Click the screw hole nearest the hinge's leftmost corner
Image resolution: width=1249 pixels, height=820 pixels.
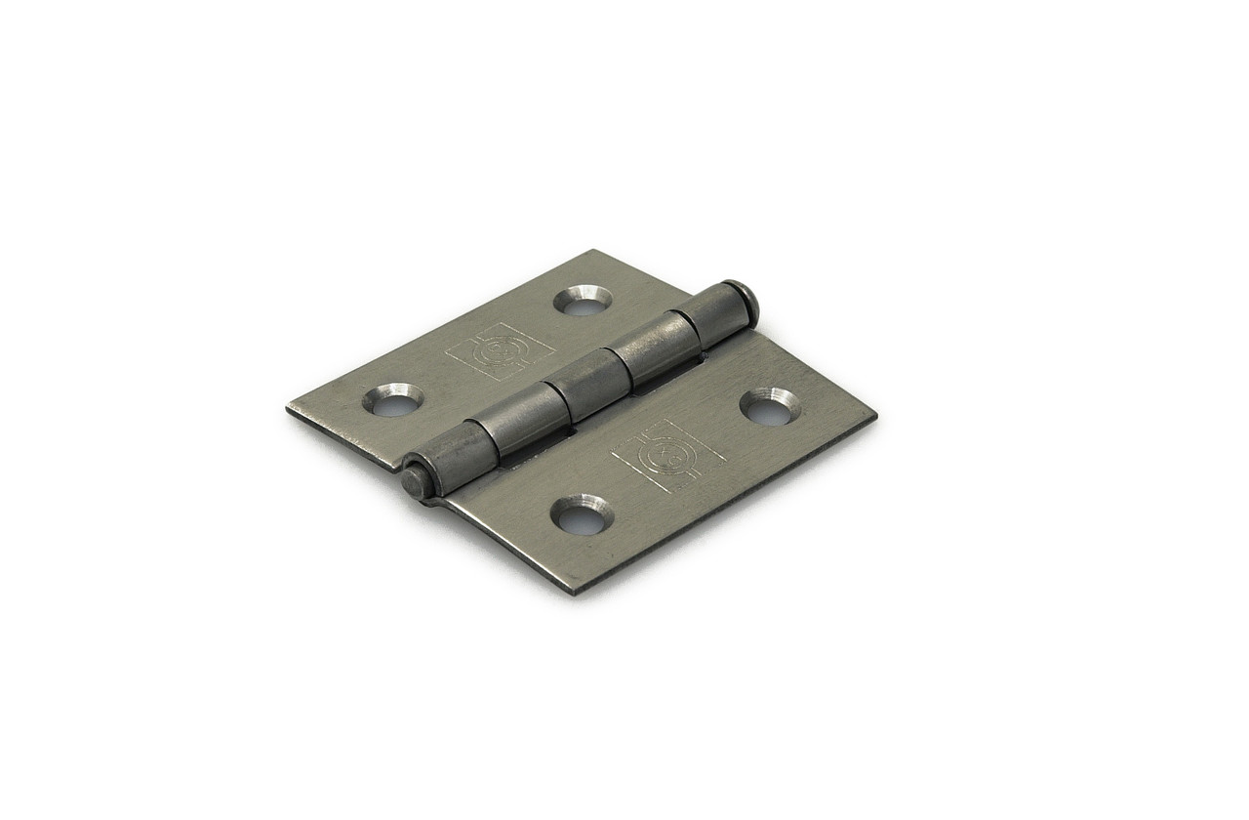point(393,399)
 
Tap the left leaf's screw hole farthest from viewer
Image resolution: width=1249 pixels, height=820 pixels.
point(584,300)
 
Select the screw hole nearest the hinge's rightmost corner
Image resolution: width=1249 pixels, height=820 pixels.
point(770,406)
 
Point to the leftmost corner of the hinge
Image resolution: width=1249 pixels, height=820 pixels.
point(288,408)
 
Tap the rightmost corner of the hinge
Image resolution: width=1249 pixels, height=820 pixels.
point(875,414)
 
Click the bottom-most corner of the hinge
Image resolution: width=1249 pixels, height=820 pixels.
point(578,593)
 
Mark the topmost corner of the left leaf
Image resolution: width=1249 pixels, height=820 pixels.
point(591,251)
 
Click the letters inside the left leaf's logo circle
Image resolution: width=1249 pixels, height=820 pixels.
point(501,348)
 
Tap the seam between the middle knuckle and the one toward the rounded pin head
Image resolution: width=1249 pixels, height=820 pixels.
point(621,363)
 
